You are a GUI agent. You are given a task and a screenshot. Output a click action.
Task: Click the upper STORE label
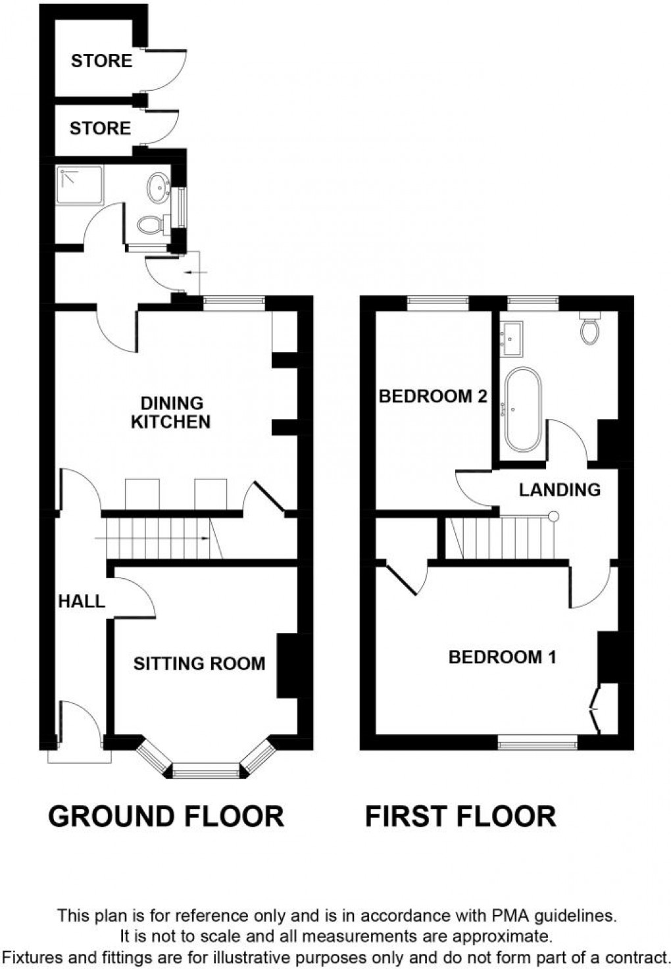pyautogui.click(x=101, y=61)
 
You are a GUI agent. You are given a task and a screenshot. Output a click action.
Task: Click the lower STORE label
pyautogui.click(x=100, y=128)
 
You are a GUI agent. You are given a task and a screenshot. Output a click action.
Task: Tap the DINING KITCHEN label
pyautogui.click(x=170, y=412)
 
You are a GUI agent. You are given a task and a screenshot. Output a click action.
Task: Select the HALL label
pyautogui.click(x=82, y=601)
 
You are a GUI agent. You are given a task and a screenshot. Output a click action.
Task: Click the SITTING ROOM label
pyautogui.click(x=199, y=663)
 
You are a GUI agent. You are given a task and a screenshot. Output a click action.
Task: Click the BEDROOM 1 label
pyautogui.click(x=503, y=657)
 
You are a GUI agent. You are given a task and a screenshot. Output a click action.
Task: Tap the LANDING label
pyautogui.click(x=559, y=489)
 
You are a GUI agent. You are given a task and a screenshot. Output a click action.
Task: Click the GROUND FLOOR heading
pyautogui.click(x=166, y=816)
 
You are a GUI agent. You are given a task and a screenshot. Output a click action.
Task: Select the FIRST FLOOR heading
pyautogui.click(x=460, y=816)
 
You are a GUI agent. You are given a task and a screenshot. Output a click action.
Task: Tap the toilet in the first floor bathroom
pyautogui.click(x=590, y=328)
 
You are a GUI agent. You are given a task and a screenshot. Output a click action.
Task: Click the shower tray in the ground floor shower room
pyautogui.click(x=80, y=184)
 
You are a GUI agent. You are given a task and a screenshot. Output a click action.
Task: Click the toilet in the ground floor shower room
pyautogui.click(x=151, y=225)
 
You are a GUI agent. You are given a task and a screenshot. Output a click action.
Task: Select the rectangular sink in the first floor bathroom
pyautogui.click(x=512, y=338)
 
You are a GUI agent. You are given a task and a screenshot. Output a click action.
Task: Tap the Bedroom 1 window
pyautogui.click(x=537, y=745)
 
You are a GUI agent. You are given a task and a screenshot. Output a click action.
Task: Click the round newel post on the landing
pyautogui.click(x=553, y=516)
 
